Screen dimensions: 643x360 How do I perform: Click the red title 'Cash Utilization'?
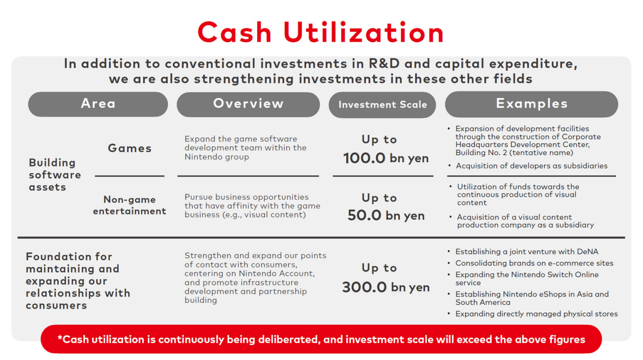tap(321, 33)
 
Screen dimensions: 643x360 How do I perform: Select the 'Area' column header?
tap(98, 104)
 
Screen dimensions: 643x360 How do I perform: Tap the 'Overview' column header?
tap(248, 104)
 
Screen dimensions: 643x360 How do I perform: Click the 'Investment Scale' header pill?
tap(382, 105)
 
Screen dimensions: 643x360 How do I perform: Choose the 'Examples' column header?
tap(531, 104)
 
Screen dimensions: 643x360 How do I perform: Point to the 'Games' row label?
tap(130, 148)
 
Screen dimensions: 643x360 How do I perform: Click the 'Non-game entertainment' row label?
tap(129, 205)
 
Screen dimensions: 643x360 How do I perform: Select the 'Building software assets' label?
tap(55, 175)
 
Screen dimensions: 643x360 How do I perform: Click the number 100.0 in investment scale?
tap(364, 158)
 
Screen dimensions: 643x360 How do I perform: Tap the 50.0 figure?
tap(364, 215)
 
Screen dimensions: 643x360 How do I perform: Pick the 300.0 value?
tap(364, 287)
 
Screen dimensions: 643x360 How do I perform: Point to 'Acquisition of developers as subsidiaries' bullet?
tap(531, 166)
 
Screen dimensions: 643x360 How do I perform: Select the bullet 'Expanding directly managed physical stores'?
tap(536, 314)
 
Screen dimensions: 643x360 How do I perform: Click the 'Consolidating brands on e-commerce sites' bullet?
tap(534, 263)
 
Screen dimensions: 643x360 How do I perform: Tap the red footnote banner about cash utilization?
tap(321, 339)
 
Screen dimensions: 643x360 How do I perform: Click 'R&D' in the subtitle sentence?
tap(384, 64)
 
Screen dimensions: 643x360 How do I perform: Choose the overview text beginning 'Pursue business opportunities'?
tap(252, 206)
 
